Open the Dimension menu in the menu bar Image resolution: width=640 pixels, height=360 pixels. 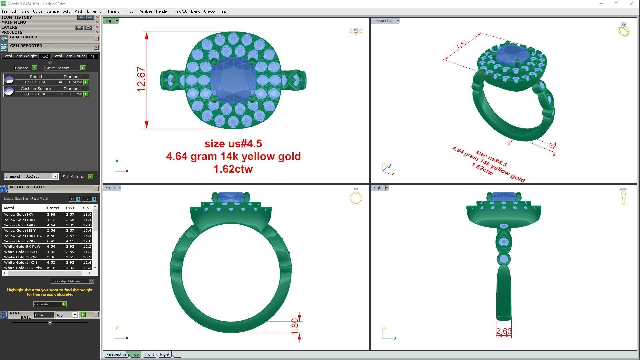click(x=95, y=11)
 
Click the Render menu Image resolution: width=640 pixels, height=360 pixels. click(x=162, y=11)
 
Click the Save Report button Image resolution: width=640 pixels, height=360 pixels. click(x=57, y=68)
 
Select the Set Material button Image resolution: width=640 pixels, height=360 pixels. click(x=74, y=177)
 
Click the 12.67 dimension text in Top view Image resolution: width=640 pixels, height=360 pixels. click(x=141, y=79)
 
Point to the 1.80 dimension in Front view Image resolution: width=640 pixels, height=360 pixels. click(x=295, y=326)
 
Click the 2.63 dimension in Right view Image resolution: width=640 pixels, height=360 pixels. click(x=503, y=331)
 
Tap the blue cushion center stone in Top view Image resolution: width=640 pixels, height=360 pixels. click(x=233, y=80)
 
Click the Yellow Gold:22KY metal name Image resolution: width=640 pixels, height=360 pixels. click(x=20, y=241)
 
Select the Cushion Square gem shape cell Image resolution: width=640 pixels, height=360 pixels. click(x=36, y=89)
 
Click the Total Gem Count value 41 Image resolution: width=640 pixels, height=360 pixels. click(x=92, y=56)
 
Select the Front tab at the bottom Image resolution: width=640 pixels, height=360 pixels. click(x=149, y=354)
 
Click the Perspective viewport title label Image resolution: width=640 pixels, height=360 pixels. click(x=383, y=21)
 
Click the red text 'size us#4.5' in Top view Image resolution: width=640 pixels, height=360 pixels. click(x=233, y=144)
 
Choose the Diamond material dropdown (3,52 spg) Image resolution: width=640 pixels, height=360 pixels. click(x=31, y=176)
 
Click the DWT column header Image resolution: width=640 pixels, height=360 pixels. click(x=70, y=208)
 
